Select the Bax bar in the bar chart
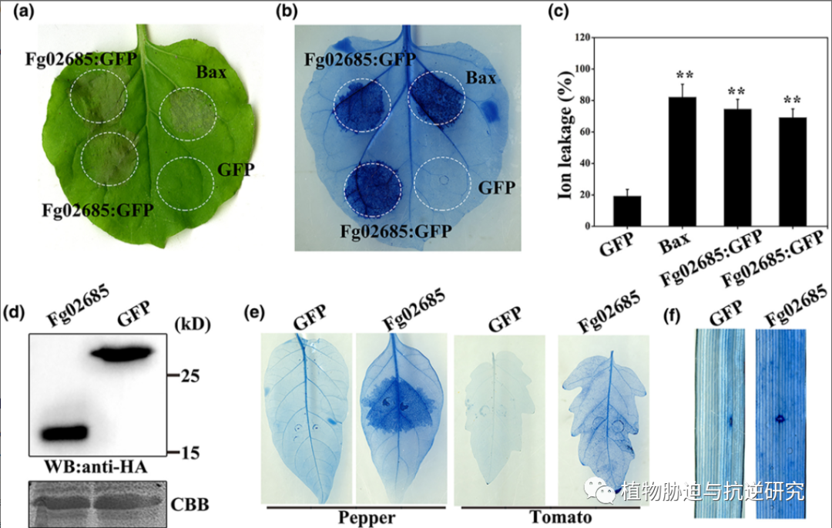point(682,162)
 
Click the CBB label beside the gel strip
point(188,507)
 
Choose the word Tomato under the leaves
point(560,516)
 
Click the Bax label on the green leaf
point(210,75)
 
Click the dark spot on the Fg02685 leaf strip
point(780,419)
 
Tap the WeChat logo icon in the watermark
point(595,491)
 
